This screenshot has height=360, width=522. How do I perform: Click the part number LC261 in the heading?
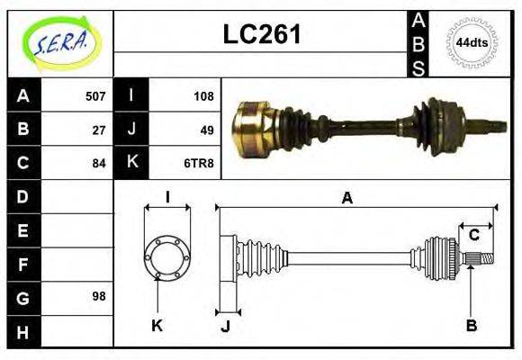[x=262, y=35]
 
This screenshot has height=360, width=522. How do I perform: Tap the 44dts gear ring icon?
[x=472, y=42]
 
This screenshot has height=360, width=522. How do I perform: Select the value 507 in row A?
[x=94, y=96]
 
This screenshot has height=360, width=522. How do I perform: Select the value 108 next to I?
[x=202, y=96]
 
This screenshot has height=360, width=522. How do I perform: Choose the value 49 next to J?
[x=206, y=130]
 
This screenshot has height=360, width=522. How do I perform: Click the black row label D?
[x=23, y=196]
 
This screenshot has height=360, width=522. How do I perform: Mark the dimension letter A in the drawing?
[x=346, y=197]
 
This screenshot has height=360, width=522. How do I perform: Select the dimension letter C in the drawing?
[x=473, y=236]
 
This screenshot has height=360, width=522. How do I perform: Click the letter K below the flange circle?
[x=157, y=326]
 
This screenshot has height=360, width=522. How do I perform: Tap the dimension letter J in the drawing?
[x=225, y=327]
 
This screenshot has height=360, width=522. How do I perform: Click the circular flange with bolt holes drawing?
[x=166, y=256]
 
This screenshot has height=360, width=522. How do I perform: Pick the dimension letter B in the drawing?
[x=471, y=326]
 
